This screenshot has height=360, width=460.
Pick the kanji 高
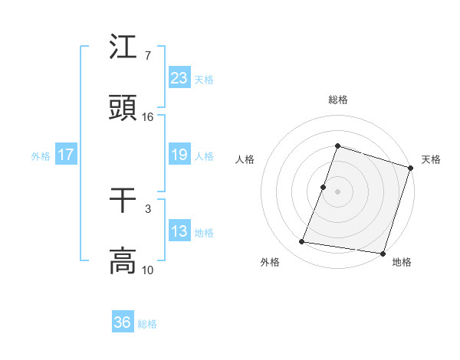123,260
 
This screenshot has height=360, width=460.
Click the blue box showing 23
179,77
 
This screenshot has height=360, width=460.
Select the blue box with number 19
179,155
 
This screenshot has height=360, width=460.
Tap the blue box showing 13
179,231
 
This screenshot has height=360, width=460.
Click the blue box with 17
66,155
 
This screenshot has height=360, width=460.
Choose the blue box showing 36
123,322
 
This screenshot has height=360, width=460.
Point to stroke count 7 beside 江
148,56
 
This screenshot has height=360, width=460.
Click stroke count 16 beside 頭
148,117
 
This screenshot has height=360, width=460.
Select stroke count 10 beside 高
148,270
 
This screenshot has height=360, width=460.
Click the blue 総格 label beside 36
147,324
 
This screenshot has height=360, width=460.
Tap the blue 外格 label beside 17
41,155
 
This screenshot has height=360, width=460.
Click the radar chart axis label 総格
338,100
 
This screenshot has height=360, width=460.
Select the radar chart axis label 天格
431,159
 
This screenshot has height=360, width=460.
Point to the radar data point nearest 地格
383,253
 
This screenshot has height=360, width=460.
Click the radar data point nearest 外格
302,242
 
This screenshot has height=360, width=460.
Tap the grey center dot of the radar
338,191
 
